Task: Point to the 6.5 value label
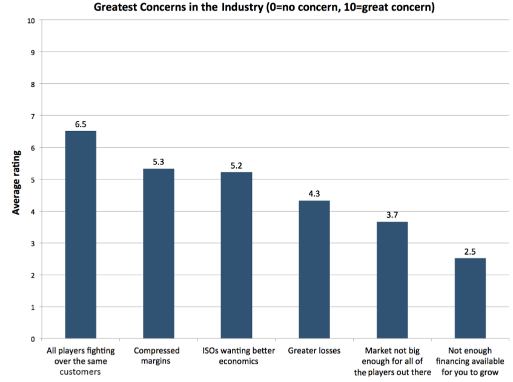pos(81,124)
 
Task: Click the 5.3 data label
pos(158,163)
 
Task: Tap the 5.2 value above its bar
pos(236,166)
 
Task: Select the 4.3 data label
pos(314,194)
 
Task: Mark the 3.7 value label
pos(392,215)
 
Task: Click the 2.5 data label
pos(470,252)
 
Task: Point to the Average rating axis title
pos(16,182)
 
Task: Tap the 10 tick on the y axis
pos(30,21)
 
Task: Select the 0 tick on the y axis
pos(33,339)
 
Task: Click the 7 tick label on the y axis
pos(33,116)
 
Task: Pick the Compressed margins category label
pos(157,356)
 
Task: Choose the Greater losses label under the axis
pos(314,350)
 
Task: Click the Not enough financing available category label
pos(470,361)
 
